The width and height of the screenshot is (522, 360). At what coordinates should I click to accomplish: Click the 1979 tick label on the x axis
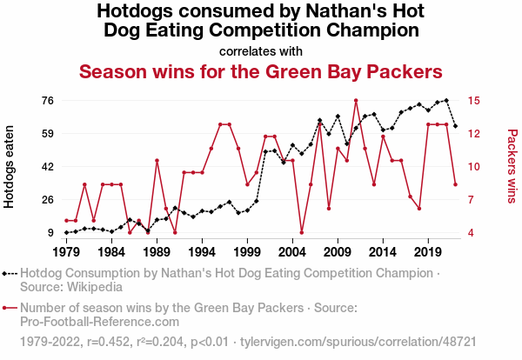click(x=66, y=252)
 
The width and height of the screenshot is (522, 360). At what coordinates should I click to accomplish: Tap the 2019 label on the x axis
click(x=427, y=252)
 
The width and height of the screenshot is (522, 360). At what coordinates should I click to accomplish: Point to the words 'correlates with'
click(x=261, y=50)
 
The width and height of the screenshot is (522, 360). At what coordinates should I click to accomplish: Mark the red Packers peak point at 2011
click(x=356, y=100)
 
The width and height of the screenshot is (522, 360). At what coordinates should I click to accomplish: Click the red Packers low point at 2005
click(x=302, y=232)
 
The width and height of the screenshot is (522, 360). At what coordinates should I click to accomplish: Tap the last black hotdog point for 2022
click(x=455, y=126)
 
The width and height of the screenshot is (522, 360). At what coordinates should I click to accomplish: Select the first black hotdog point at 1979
click(x=66, y=232)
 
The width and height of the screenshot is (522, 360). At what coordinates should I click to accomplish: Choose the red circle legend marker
click(x=9, y=307)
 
